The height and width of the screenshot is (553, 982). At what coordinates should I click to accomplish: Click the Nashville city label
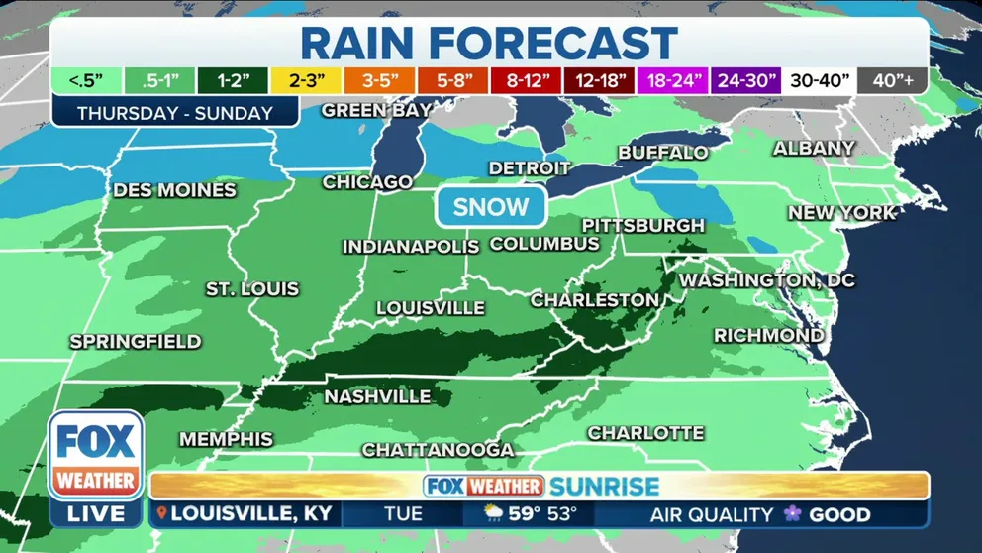point(378,397)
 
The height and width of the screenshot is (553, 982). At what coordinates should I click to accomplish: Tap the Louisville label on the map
point(430,308)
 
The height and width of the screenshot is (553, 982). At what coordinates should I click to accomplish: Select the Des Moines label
point(174,190)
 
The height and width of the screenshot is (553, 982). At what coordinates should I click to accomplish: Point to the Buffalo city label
point(663,153)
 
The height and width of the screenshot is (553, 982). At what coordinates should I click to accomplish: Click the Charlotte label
point(645,433)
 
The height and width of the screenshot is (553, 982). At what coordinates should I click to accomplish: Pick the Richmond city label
point(768,336)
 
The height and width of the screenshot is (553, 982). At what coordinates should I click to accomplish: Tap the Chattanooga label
point(438,450)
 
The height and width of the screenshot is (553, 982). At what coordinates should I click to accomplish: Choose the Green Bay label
point(376,110)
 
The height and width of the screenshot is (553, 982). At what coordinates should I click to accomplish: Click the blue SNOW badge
point(492,207)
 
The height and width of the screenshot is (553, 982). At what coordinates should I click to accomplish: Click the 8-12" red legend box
point(528,81)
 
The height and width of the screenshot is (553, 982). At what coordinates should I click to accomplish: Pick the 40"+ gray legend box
point(893,81)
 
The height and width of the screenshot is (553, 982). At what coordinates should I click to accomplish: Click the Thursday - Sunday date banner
point(174,113)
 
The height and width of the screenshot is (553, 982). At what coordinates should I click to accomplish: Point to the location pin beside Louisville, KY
point(161,515)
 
